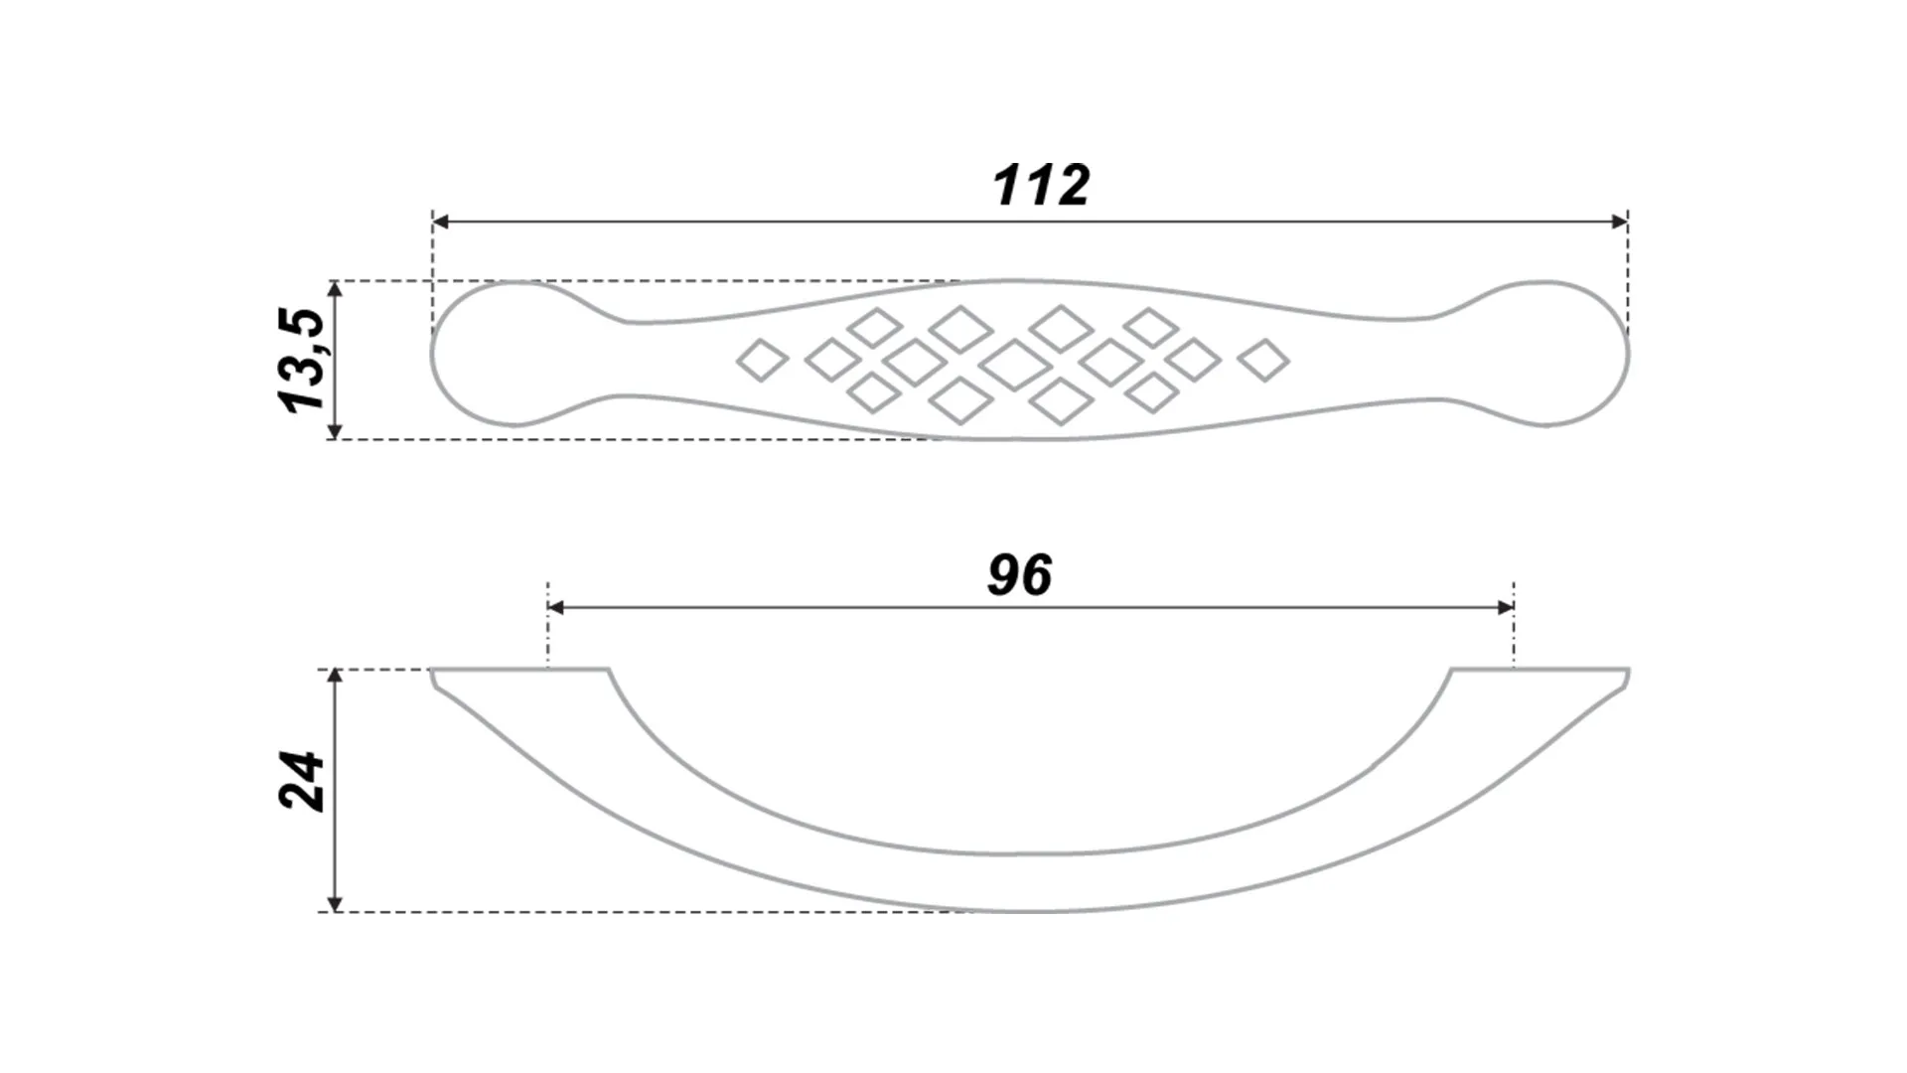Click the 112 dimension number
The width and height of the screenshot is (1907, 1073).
tap(1041, 185)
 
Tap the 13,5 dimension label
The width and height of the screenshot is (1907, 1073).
tap(302, 360)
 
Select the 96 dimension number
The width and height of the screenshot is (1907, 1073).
tap(1020, 574)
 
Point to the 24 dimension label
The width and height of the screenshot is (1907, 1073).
tap(302, 782)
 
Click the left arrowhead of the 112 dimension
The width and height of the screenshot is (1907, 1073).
tap(441, 222)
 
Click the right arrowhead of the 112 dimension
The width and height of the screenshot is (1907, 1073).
tap(1619, 222)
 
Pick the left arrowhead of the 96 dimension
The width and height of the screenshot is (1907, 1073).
tap(556, 607)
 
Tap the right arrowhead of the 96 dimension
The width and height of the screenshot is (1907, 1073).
tap(1506, 607)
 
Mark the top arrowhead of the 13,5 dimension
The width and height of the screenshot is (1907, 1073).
tap(335, 290)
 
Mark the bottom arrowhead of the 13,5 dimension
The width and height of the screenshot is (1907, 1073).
tap(335, 430)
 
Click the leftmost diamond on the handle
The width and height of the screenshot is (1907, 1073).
tap(762, 360)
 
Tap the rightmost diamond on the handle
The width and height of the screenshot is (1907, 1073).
tap(1264, 360)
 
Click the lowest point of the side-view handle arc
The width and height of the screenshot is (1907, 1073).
tap(1030, 911)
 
